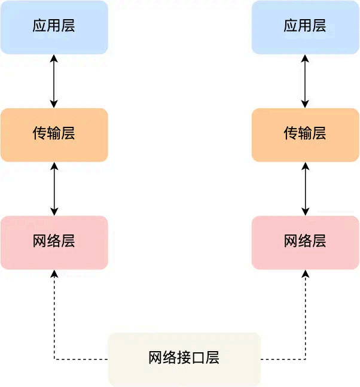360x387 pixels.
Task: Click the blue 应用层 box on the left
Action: tap(54, 27)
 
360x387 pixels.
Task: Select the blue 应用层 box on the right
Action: tap(305, 27)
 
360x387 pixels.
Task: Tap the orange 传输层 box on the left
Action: tap(54, 135)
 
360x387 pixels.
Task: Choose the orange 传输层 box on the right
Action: tap(305, 135)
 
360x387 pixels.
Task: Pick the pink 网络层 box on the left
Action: tap(54, 242)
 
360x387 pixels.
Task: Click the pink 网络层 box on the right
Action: tap(305, 242)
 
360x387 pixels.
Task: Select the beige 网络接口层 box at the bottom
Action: tap(184, 359)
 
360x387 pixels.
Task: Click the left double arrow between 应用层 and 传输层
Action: tap(54, 81)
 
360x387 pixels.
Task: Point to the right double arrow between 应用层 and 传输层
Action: tap(306, 81)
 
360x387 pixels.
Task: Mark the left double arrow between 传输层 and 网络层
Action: tap(54, 188)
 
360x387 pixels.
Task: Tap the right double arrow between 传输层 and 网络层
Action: tap(306, 188)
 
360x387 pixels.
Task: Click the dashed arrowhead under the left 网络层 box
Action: tap(54, 273)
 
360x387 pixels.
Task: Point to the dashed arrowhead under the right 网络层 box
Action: tap(306, 273)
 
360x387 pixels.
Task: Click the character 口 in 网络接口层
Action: tap(199, 358)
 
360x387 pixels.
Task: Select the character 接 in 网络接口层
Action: tap(184, 358)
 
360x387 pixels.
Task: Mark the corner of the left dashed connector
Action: tap(54, 359)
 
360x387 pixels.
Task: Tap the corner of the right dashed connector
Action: tap(306, 359)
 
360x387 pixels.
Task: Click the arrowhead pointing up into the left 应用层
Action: tap(54, 58)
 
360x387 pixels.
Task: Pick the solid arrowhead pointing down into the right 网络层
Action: tap(306, 211)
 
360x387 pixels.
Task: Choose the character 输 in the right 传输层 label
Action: tap(305, 133)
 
